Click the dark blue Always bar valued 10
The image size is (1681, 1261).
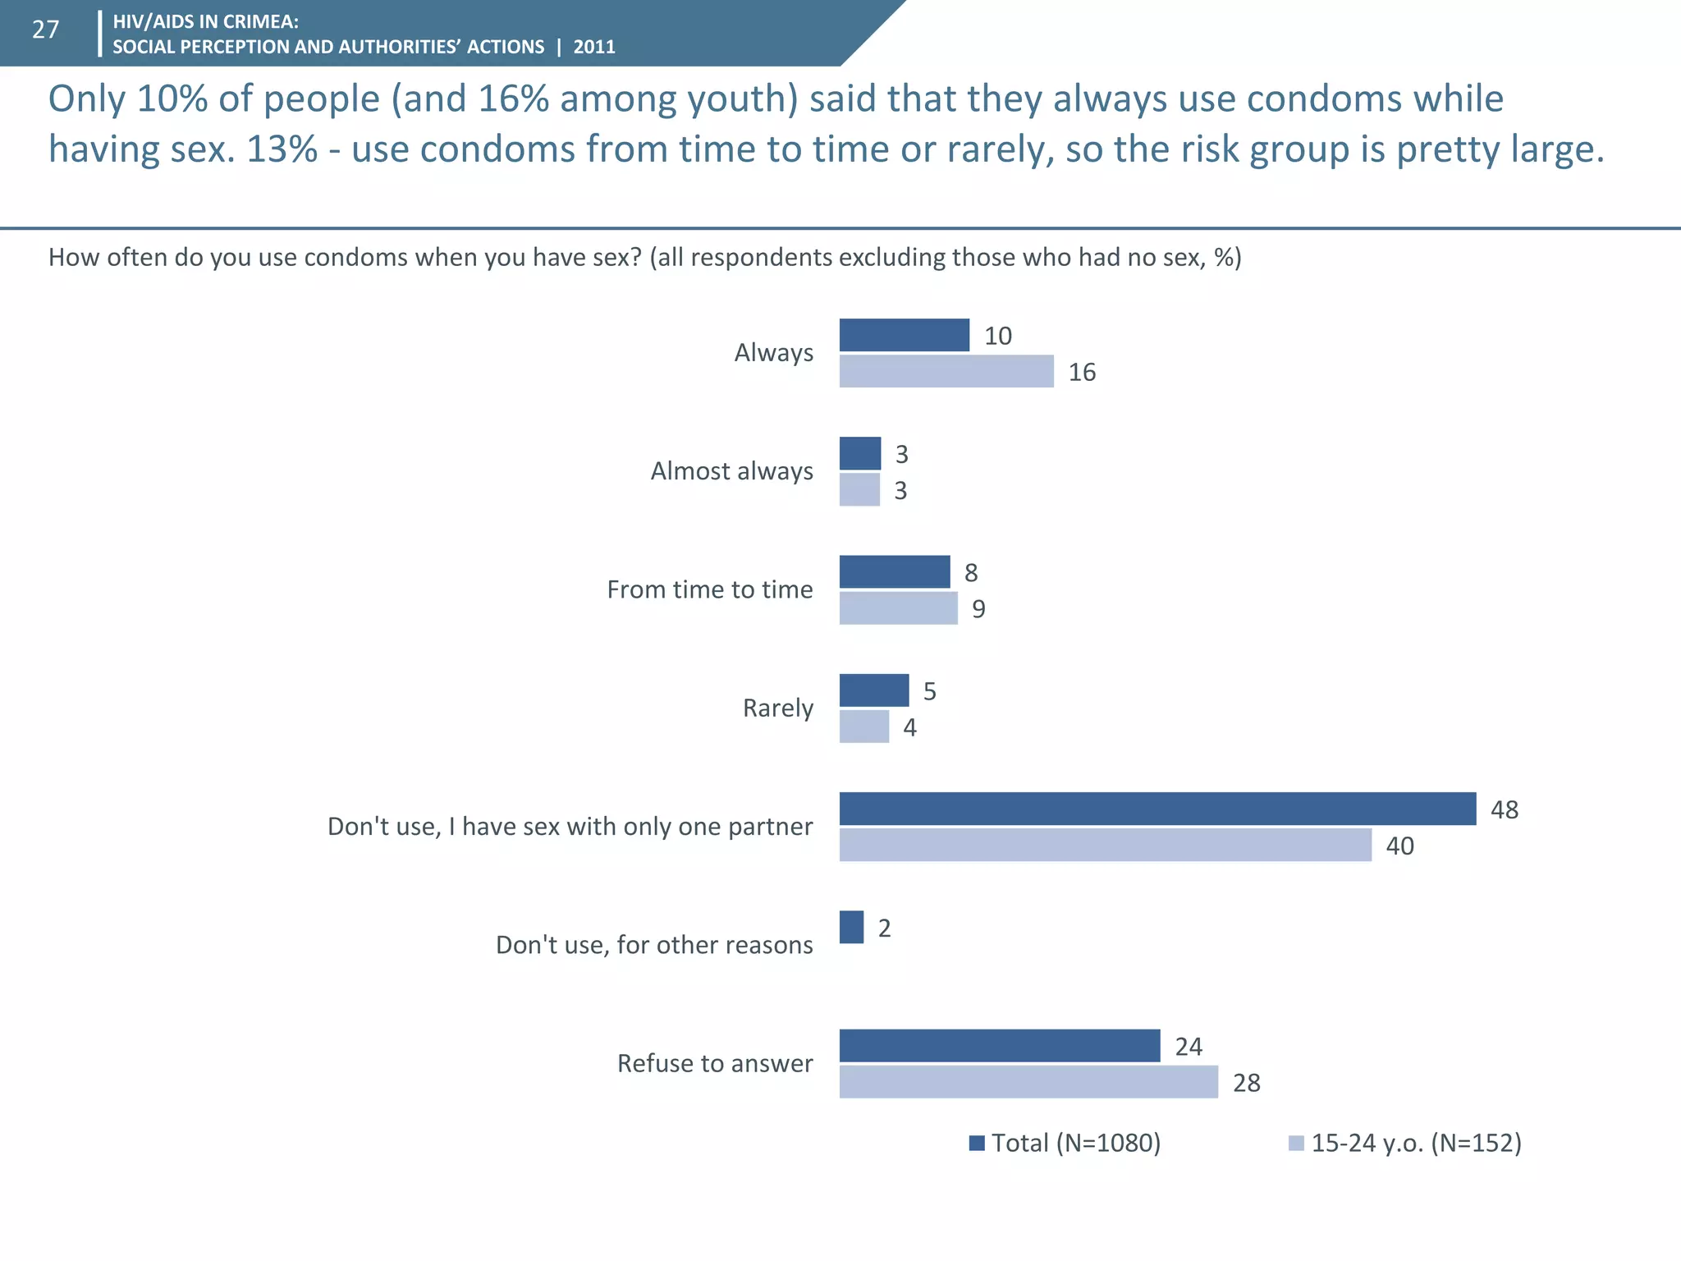pos(904,335)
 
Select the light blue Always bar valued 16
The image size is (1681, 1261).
pos(946,371)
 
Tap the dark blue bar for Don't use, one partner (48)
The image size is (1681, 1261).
pos(1157,809)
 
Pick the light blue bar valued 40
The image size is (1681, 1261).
pos(1105,845)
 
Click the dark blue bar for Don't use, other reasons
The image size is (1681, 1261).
pos(851,927)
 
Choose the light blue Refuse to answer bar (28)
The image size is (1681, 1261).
pos(1028,1082)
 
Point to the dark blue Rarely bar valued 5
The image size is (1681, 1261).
pos(874,690)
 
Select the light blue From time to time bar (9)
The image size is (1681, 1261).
pos(898,608)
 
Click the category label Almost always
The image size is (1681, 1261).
pos(731,471)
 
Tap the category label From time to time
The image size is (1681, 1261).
pos(710,589)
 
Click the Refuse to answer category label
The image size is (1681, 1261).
pos(715,1063)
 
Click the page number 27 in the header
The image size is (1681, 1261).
pos(46,30)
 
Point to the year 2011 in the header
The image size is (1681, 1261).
pos(594,47)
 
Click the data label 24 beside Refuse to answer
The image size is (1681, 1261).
pos(1189,1047)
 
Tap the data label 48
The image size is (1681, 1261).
pos(1505,809)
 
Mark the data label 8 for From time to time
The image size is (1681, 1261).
pos(971,573)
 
